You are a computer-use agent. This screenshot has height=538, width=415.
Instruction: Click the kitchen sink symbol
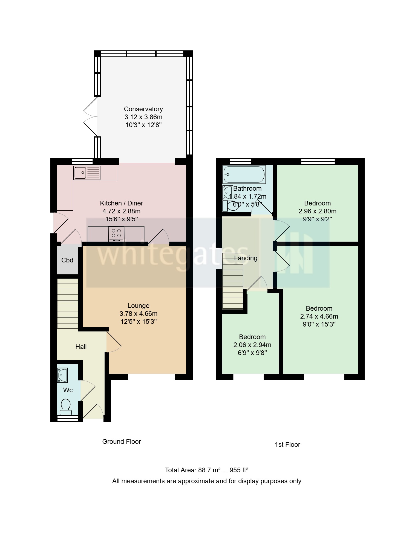point(87,173)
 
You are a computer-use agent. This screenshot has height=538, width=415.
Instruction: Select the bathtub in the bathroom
point(244,174)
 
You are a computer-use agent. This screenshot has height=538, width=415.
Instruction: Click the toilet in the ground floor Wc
point(66,407)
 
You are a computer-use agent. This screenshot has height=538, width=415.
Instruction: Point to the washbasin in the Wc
point(62,375)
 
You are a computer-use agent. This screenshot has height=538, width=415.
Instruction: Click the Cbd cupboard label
point(67,260)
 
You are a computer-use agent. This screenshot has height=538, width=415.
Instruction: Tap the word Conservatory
point(143,109)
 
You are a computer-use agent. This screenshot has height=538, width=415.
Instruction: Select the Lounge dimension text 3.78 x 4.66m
point(139,314)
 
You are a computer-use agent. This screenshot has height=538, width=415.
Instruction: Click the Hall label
point(81,347)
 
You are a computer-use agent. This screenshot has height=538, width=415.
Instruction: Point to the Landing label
point(246,258)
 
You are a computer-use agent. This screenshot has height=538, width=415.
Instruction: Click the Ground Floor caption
point(121,442)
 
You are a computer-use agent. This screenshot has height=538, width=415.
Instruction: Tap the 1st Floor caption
point(287,445)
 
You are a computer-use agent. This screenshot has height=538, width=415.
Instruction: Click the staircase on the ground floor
point(68,304)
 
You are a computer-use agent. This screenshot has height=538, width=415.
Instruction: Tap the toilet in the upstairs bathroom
point(230,206)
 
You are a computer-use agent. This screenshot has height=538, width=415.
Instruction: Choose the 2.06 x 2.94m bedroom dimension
point(252,345)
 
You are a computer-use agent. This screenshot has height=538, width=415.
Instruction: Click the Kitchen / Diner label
point(121,203)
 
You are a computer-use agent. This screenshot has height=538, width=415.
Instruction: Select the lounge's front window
point(151,377)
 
